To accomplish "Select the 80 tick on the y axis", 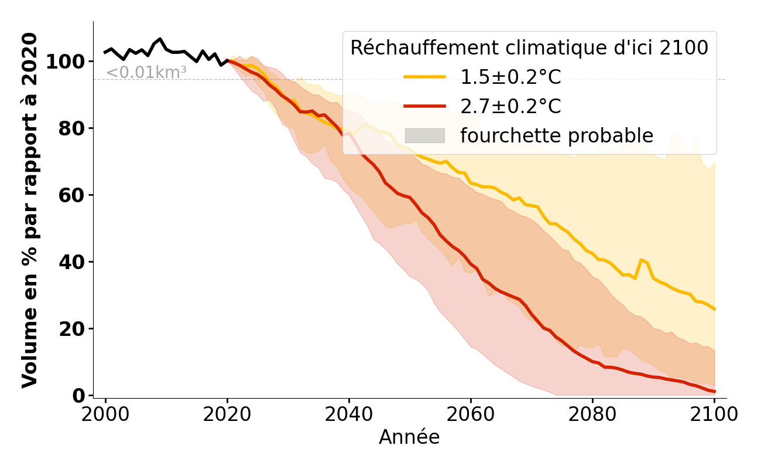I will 73,128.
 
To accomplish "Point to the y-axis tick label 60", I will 73,195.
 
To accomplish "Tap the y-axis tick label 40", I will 73,262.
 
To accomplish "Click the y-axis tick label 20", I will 73,329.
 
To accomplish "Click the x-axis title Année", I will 409,437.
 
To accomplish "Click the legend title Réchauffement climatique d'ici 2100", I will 529,48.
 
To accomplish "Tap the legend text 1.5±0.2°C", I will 510,77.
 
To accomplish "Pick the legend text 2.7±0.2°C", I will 510,106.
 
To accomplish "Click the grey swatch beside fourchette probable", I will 425,135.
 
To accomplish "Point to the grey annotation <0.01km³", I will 146,73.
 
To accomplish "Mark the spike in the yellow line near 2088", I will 642,259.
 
